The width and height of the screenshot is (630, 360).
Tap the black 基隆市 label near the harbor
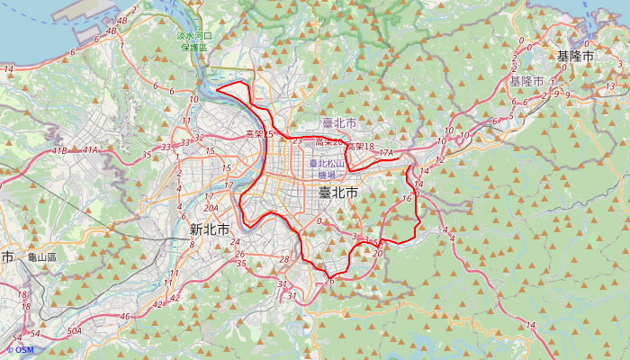575,56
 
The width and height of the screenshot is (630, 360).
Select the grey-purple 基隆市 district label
526,81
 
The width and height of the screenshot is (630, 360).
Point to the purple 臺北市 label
339,123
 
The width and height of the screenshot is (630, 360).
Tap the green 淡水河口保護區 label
192,41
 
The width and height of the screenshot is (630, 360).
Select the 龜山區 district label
41,257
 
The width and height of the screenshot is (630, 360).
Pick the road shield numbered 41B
60,150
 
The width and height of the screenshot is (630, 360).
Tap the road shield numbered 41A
91,150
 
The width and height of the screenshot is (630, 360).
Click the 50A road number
75,331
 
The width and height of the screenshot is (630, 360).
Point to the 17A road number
387,153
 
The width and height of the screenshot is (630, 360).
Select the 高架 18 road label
359,147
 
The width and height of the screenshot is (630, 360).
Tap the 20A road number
211,208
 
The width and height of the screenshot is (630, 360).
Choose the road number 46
125,317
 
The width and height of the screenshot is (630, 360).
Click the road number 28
284,260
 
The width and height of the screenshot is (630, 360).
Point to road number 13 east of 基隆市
610,86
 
